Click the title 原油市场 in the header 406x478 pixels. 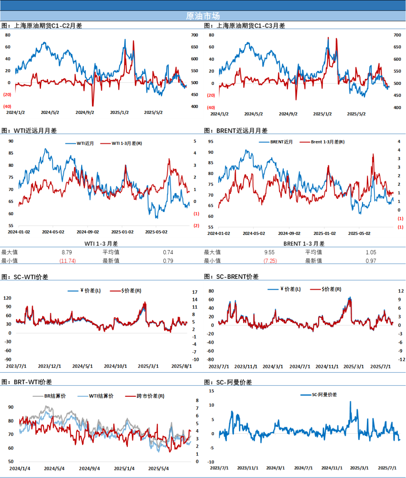click(x=203, y=16)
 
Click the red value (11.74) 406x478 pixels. click(x=68, y=261)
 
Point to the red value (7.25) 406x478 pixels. click(x=271, y=261)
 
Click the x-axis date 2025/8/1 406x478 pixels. click(x=182, y=366)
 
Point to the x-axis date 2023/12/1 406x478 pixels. click(x=49, y=366)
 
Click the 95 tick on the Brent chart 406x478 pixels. click(x=211, y=141)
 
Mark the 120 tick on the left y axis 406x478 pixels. click(x=7, y=298)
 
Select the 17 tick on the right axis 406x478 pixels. click(x=195, y=292)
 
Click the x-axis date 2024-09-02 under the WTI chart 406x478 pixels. click(x=88, y=232)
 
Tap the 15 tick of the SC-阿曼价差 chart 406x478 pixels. click(x=212, y=391)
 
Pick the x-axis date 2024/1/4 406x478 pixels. click(x=20, y=469)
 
